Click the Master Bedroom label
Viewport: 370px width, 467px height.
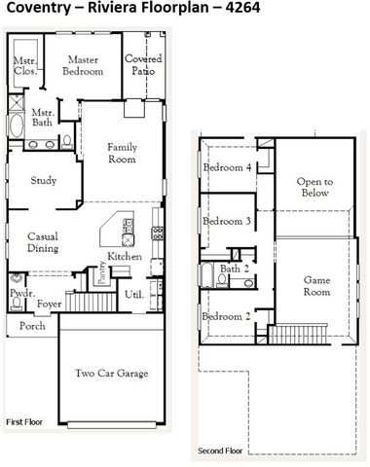click(85, 65)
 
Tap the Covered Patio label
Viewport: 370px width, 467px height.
click(141, 65)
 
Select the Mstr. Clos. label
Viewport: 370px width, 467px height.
click(24, 66)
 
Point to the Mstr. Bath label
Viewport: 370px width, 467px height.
click(41, 117)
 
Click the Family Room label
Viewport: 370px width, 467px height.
click(121, 152)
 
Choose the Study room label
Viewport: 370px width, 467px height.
click(43, 180)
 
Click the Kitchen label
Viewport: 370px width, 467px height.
click(125, 256)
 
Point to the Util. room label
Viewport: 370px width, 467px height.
click(134, 294)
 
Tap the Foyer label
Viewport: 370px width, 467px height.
click(49, 303)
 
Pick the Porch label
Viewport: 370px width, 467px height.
click(32, 326)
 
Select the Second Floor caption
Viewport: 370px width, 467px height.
click(220, 451)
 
